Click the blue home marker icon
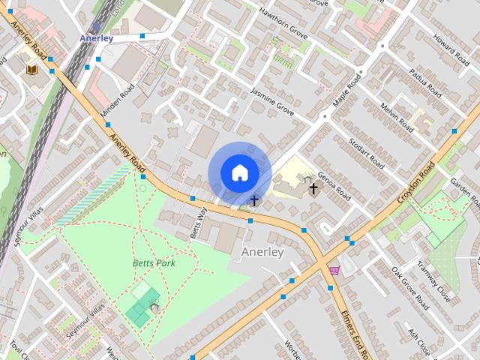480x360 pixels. point(239,173)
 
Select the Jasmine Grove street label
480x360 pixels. point(272,105)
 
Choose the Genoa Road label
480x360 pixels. point(332,185)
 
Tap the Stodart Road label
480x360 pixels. point(371,154)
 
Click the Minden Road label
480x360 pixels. point(119,105)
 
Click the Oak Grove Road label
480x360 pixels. point(409,289)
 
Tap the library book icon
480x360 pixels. point(32,69)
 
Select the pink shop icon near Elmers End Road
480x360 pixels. point(334,271)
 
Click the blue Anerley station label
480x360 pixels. point(97,38)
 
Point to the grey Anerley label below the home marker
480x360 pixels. point(262,252)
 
